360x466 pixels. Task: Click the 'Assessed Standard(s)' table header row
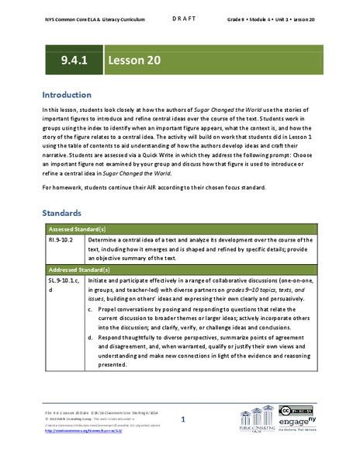click(x=75, y=231)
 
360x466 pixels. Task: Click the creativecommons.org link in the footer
click(x=85, y=431)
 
